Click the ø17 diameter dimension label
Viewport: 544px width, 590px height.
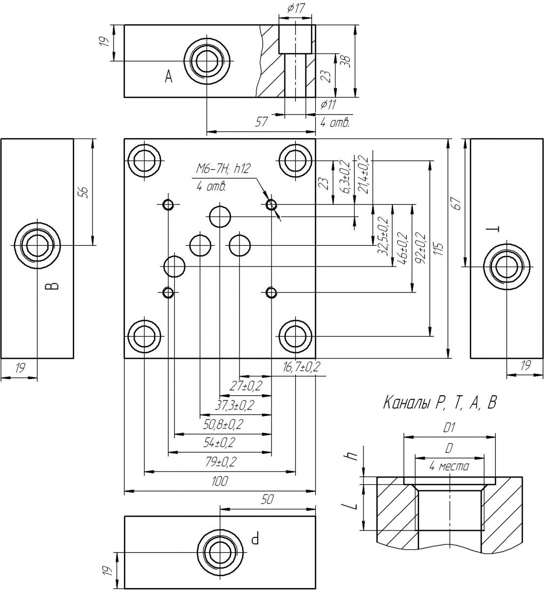click(x=295, y=8)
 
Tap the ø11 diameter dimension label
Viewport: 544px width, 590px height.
click(x=328, y=104)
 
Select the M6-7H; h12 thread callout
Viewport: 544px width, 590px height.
click(x=223, y=169)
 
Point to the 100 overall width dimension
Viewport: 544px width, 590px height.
click(x=219, y=481)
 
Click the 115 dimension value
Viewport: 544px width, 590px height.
click(x=439, y=249)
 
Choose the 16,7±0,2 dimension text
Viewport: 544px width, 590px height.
click(x=301, y=367)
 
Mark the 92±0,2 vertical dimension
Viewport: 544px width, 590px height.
click(x=422, y=248)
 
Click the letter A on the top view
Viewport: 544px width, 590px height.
click(x=168, y=77)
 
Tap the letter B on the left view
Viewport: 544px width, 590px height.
click(x=53, y=286)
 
